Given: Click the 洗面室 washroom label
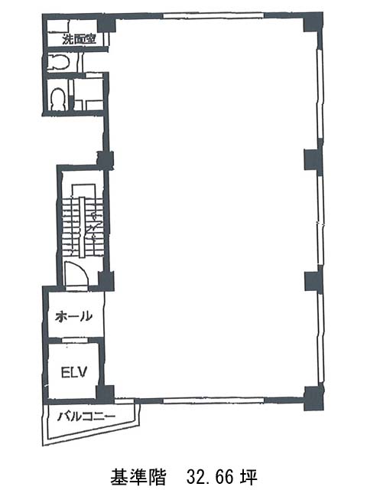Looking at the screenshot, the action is (79, 39).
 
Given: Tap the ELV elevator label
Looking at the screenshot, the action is (74, 372).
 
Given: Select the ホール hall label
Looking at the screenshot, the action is (73, 316).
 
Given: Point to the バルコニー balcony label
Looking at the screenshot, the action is (86, 416).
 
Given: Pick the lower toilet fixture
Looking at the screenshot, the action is (58, 99).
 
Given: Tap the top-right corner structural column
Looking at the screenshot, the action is (313, 23).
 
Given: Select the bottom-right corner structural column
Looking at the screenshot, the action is (313, 398).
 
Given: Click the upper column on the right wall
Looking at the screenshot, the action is (313, 160).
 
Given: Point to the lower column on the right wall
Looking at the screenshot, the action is (313, 282).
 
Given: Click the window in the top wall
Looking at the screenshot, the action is (213, 15).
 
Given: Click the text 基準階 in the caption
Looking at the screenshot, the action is (138, 477).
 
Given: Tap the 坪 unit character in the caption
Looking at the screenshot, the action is (248, 477).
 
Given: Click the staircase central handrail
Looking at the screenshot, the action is (82, 227).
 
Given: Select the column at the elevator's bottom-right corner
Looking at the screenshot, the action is (105, 394).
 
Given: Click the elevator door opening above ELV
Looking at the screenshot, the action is (75, 340).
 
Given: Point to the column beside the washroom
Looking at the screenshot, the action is (106, 24).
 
